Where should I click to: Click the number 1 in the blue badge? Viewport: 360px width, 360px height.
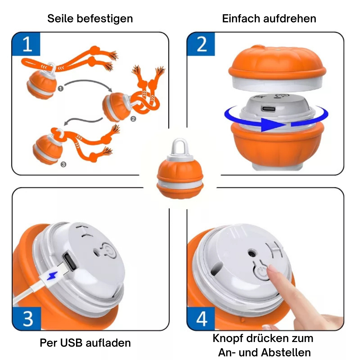coord(27,44)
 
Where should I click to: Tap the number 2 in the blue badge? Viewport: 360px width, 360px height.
coord(202,44)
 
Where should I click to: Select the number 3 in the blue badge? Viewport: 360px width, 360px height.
coord(28,319)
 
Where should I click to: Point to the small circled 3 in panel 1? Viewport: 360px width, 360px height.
coord(63,164)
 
